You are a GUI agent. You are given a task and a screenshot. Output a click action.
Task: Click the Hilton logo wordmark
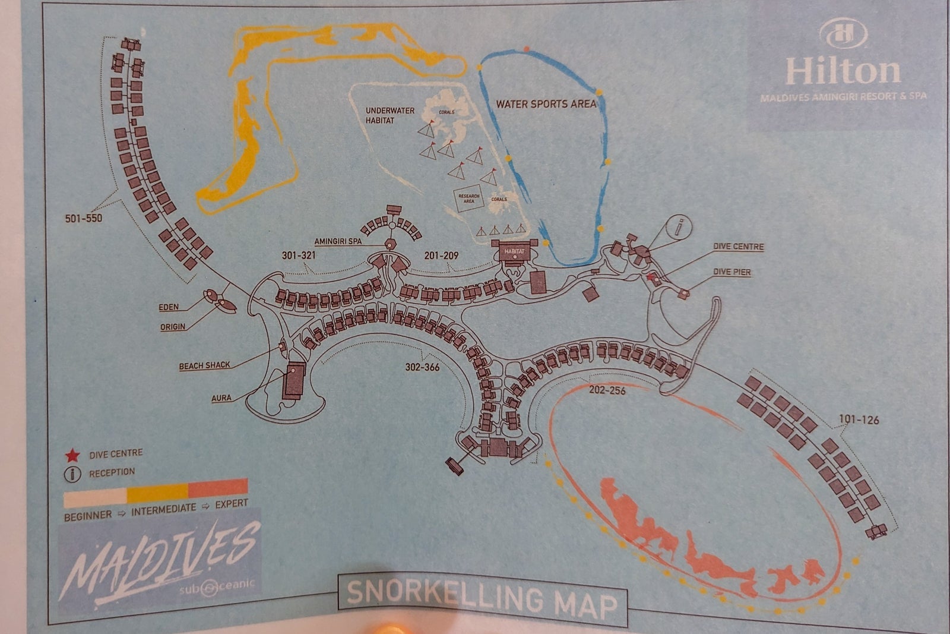click(x=843, y=70)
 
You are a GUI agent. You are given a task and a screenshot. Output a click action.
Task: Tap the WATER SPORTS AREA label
click(x=546, y=104)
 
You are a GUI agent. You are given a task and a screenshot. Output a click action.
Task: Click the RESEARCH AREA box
click(x=468, y=198)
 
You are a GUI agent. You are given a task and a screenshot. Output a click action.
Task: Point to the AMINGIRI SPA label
click(x=338, y=241)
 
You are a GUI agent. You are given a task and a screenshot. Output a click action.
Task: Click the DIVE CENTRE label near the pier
click(x=738, y=247)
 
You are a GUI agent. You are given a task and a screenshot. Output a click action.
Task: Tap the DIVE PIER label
click(x=731, y=272)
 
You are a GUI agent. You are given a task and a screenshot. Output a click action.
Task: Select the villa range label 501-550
click(x=83, y=218)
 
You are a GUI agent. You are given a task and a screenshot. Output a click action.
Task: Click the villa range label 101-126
click(x=859, y=419)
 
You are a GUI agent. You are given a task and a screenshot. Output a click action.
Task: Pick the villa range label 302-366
click(x=422, y=367)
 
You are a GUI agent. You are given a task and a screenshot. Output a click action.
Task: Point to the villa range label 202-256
click(x=607, y=390)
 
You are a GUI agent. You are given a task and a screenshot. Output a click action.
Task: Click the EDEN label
click(x=169, y=307)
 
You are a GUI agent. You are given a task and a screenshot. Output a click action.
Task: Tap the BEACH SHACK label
click(x=204, y=365)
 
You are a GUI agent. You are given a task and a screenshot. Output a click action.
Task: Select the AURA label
click(x=221, y=398)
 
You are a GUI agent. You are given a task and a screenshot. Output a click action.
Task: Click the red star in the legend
click(x=72, y=456)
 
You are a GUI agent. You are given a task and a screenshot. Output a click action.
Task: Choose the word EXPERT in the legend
click(x=231, y=503)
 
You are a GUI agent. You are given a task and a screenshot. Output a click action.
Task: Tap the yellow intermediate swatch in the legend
click(x=157, y=491)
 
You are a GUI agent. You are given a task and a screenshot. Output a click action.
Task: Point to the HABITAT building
click(x=515, y=251)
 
